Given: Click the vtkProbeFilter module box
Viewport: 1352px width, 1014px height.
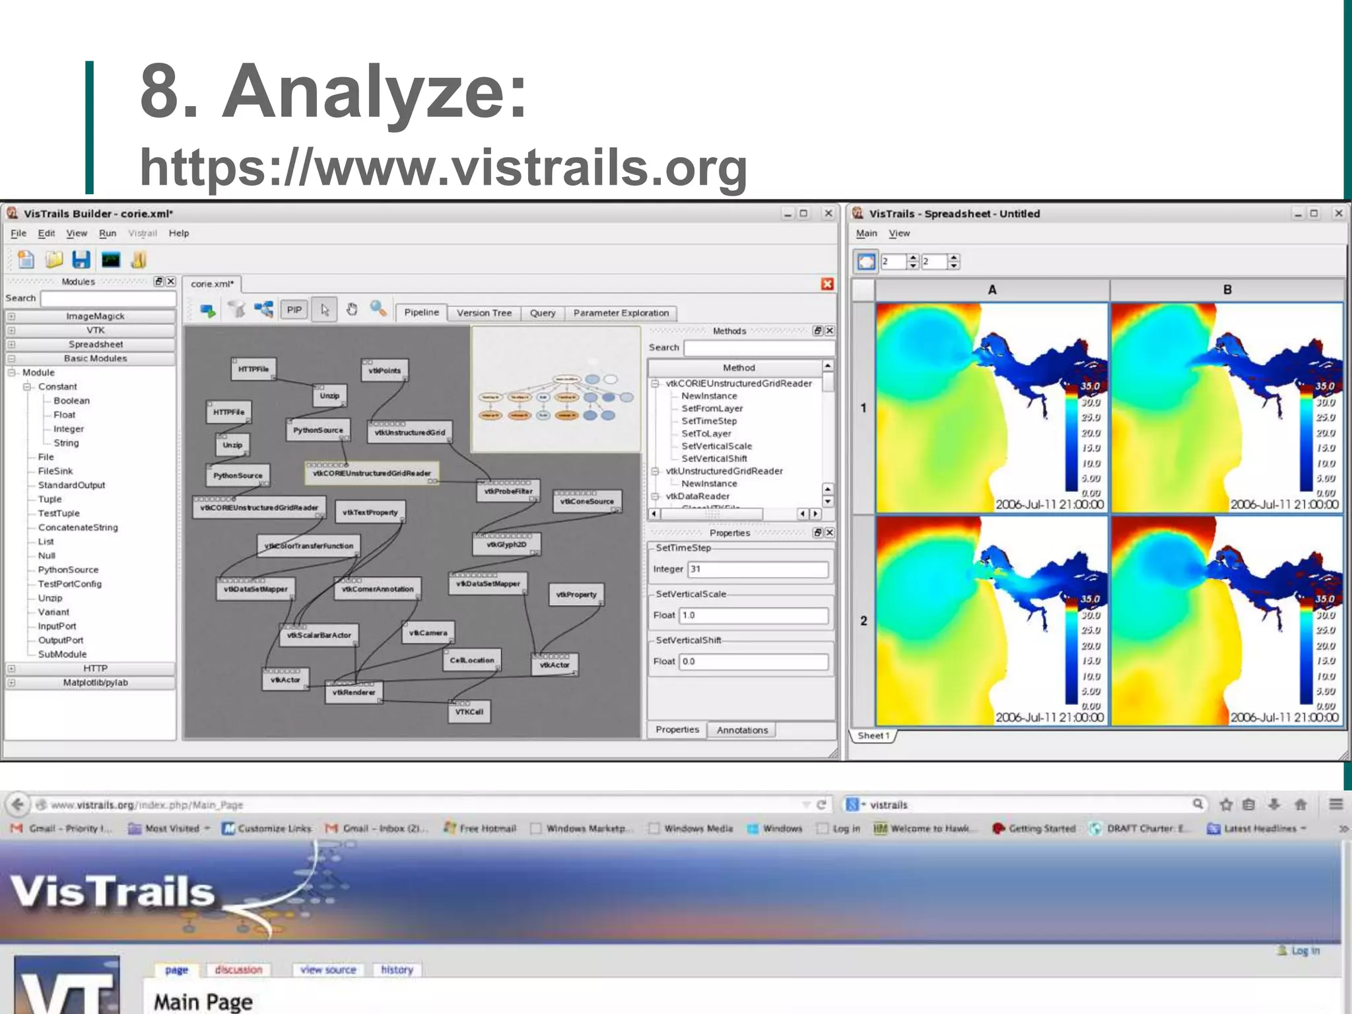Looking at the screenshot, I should [x=508, y=491].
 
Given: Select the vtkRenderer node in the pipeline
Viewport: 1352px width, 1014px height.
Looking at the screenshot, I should [x=354, y=693].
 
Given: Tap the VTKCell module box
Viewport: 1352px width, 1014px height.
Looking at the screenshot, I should [x=469, y=712].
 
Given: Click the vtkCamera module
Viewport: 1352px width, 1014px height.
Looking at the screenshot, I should [x=428, y=632].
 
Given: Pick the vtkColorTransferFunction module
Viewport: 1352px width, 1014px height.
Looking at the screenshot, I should [x=308, y=546].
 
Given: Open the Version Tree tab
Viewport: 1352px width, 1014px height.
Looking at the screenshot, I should [x=484, y=313].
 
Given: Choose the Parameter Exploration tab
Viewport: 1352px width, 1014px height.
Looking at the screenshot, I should [x=621, y=313].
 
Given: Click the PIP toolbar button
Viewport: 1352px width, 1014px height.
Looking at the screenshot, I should [x=294, y=310].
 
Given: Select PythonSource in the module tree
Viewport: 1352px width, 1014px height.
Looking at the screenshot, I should [x=68, y=570].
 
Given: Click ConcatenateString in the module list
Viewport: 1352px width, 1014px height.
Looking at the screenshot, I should [x=78, y=527].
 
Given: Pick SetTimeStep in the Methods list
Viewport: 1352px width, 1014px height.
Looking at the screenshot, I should [x=709, y=421].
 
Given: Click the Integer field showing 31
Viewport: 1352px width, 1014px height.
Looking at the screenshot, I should [x=757, y=569].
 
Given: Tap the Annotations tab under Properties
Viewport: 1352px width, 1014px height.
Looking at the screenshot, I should [x=742, y=730].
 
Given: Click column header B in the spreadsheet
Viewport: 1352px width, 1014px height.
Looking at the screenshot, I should [x=1227, y=290].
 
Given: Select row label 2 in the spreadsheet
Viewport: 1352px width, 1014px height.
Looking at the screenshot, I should [x=863, y=621].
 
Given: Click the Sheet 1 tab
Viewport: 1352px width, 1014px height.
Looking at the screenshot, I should [x=873, y=735].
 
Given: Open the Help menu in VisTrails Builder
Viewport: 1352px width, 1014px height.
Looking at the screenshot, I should [x=178, y=233].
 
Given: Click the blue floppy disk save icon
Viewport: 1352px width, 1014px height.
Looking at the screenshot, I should [x=81, y=259].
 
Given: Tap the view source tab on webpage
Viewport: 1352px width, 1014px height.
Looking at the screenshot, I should [x=328, y=970].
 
